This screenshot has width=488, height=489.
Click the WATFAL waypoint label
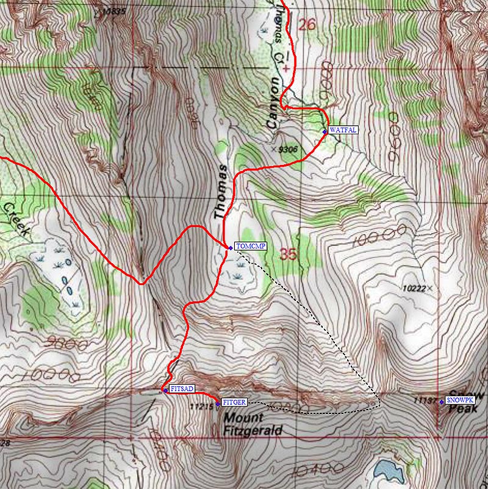pyautogui.click(x=342, y=130)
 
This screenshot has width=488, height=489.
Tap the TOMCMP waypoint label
pyautogui.click(x=248, y=247)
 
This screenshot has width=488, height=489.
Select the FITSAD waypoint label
pyautogui.click(x=182, y=389)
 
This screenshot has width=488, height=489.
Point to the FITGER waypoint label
pyautogui.click(x=234, y=402)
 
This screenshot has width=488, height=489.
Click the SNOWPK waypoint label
pyautogui.click(x=460, y=400)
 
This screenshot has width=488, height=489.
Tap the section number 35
pyautogui.click(x=288, y=254)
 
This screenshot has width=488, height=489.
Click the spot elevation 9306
pyautogui.click(x=287, y=148)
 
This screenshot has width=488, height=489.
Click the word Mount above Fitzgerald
pyautogui.click(x=243, y=419)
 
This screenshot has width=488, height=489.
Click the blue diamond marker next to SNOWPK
pyautogui.click(x=442, y=401)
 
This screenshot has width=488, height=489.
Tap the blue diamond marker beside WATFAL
pyautogui.click(x=325, y=131)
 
